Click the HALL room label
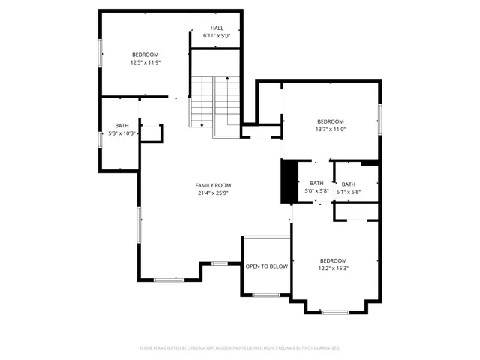(x=216, y=28)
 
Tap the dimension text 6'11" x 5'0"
(x=216, y=36)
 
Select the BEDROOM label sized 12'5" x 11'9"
(x=145, y=55)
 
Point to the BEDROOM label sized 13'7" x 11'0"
(x=330, y=121)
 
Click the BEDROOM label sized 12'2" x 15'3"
(x=333, y=260)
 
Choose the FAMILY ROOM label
(x=213, y=185)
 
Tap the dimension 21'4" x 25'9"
(x=213, y=193)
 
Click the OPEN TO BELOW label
(x=266, y=266)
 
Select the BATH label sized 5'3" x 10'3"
(x=121, y=125)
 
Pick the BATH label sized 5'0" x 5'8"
(x=316, y=183)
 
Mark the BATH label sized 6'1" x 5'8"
(x=349, y=184)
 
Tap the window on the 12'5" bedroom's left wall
(x=100, y=54)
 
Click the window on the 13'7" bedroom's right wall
(x=380, y=120)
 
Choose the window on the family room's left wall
(x=139, y=225)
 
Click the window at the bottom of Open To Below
(x=265, y=295)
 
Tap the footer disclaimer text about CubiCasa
(x=240, y=348)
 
